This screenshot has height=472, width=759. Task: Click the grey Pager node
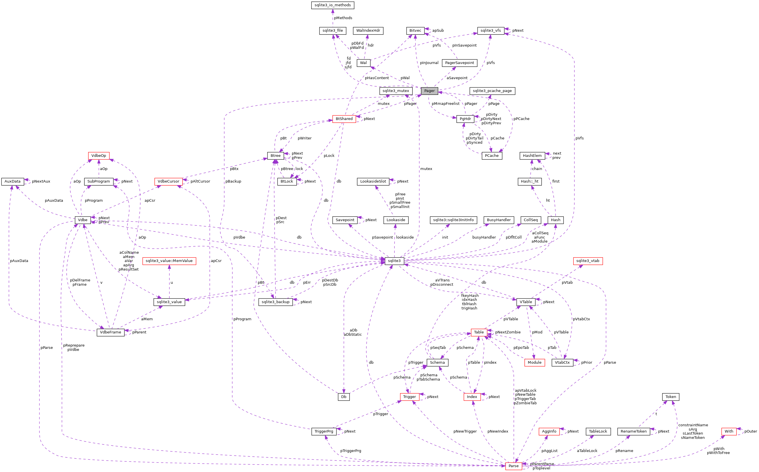point(429,91)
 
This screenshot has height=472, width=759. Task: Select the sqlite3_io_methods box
point(333,5)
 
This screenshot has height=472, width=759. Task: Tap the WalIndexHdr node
point(368,31)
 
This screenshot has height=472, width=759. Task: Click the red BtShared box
point(344,119)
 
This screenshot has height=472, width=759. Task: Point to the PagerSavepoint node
point(459,63)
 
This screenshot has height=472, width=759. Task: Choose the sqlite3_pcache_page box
point(492,91)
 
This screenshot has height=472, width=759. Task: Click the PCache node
point(492,156)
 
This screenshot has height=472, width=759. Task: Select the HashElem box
point(532,156)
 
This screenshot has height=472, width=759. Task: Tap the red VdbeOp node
point(99,156)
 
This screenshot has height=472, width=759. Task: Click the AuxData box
point(13,181)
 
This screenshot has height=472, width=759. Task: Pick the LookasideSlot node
point(373,181)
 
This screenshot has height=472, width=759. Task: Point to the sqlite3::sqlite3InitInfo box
point(453,220)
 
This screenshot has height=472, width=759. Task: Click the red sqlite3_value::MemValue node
point(169,261)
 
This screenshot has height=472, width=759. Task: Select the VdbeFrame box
point(111,332)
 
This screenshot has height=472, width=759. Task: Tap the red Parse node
point(513,466)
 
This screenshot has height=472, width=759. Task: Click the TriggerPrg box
point(324,431)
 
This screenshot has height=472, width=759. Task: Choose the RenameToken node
point(634,431)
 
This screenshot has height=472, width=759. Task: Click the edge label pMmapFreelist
point(445,104)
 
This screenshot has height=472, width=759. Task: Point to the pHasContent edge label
point(377,78)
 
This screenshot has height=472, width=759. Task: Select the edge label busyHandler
point(484,237)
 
